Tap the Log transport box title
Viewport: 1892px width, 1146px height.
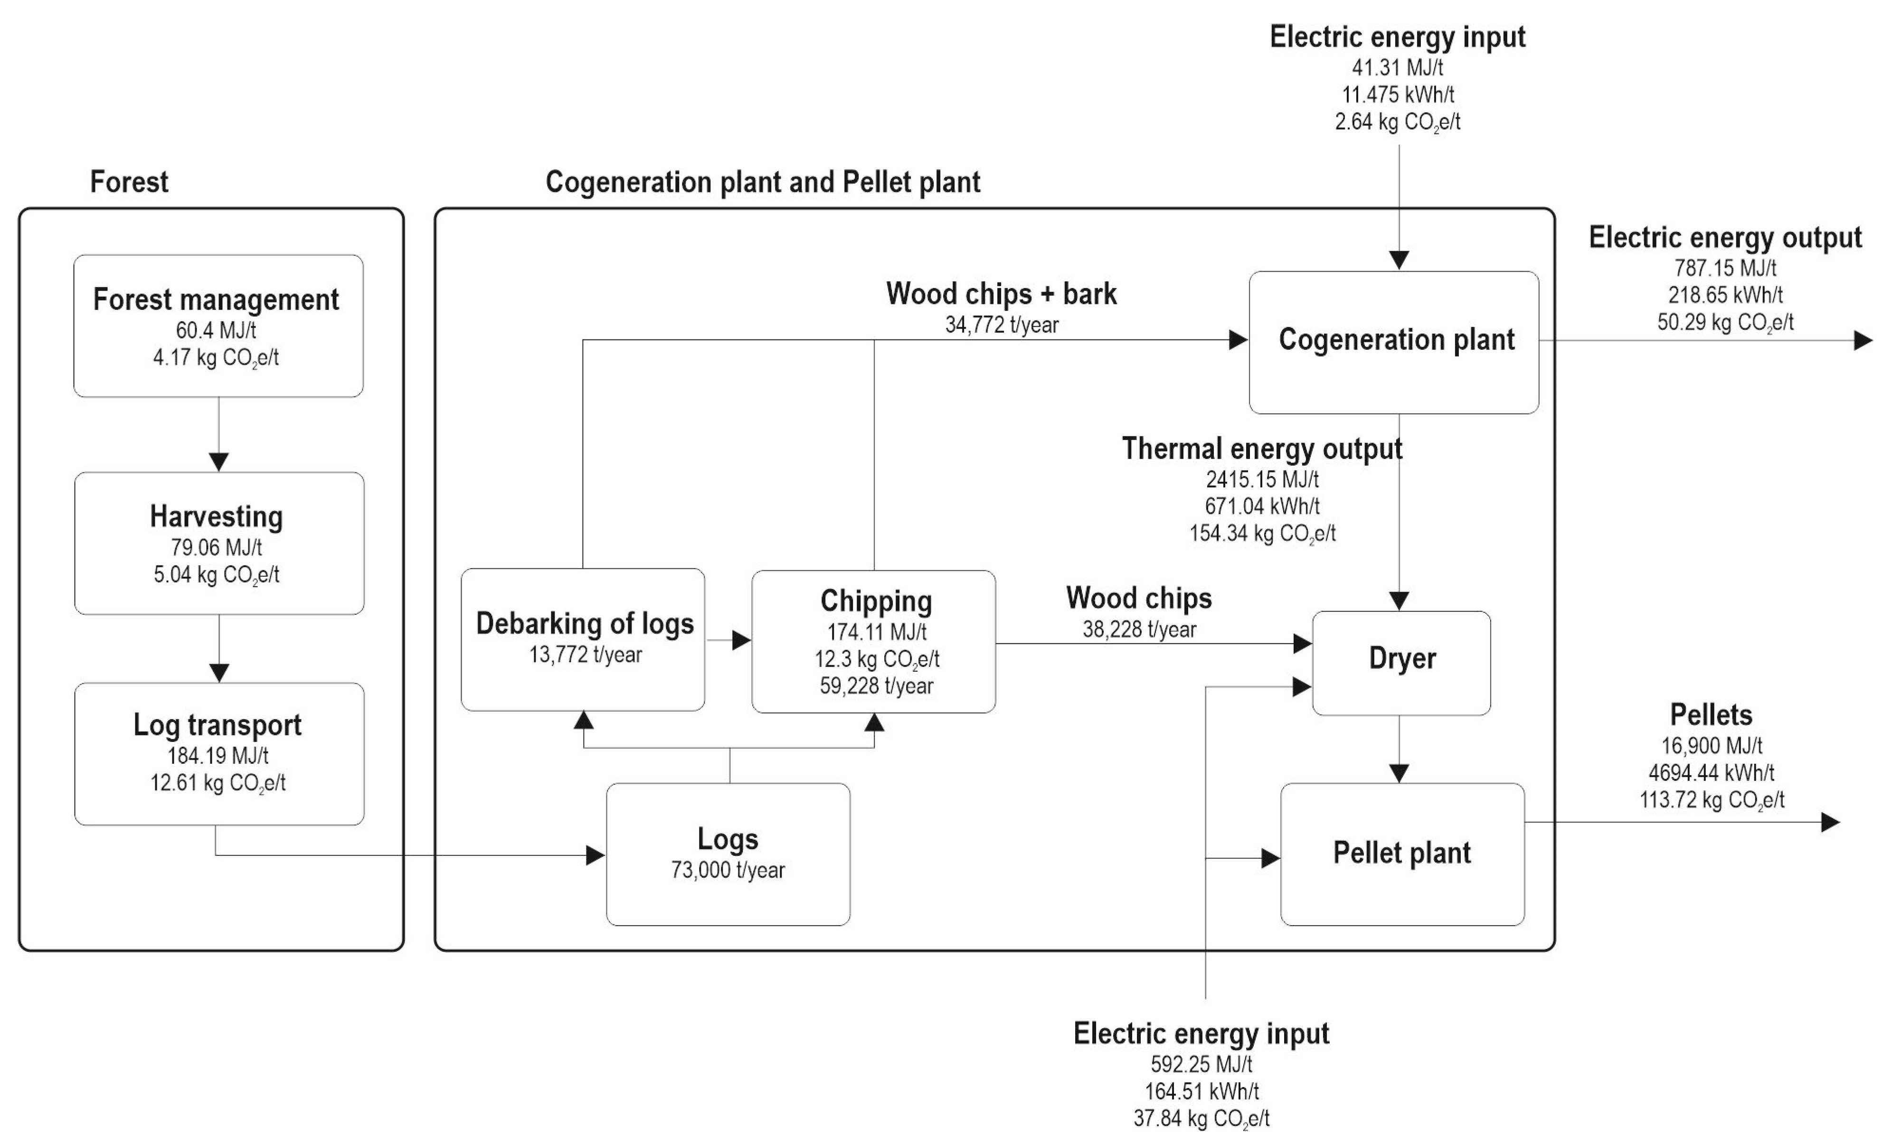pyautogui.click(x=218, y=724)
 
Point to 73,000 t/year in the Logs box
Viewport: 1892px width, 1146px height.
pyautogui.click(x=728, y=870)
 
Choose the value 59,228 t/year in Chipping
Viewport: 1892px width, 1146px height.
pyautogui.click(x=876, y=686)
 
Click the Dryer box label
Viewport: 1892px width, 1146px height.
pyautogui.click(x=1402, y=658)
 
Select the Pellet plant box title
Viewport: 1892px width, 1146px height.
pyautogui.click(x=1402, y=853)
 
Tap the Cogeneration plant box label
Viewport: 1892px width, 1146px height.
pyautogui.click(x=1396, y=339)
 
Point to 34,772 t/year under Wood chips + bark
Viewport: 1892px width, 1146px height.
pyautogui.click(x=1001, y=325)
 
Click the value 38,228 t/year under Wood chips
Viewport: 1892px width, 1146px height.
pyautogui.click(x=1139, y=629)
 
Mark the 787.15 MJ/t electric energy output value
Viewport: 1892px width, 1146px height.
pyautogui.click(x=1725, y=268)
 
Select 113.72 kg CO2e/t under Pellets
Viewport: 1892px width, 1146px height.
pyautogui.click(x=1712, y=800)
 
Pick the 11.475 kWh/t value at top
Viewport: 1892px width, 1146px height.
pyautogui.click(x=1398, y=94)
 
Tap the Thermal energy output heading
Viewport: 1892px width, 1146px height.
pyautogui.click(x=1262, y=448)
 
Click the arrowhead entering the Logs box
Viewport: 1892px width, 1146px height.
pyautogui.click(x=595, y=855)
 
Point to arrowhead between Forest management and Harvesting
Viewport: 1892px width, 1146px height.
pyautogui.click(x=219, y=462)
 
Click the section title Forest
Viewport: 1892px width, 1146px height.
pyautogui.click(x=129, y=182)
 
